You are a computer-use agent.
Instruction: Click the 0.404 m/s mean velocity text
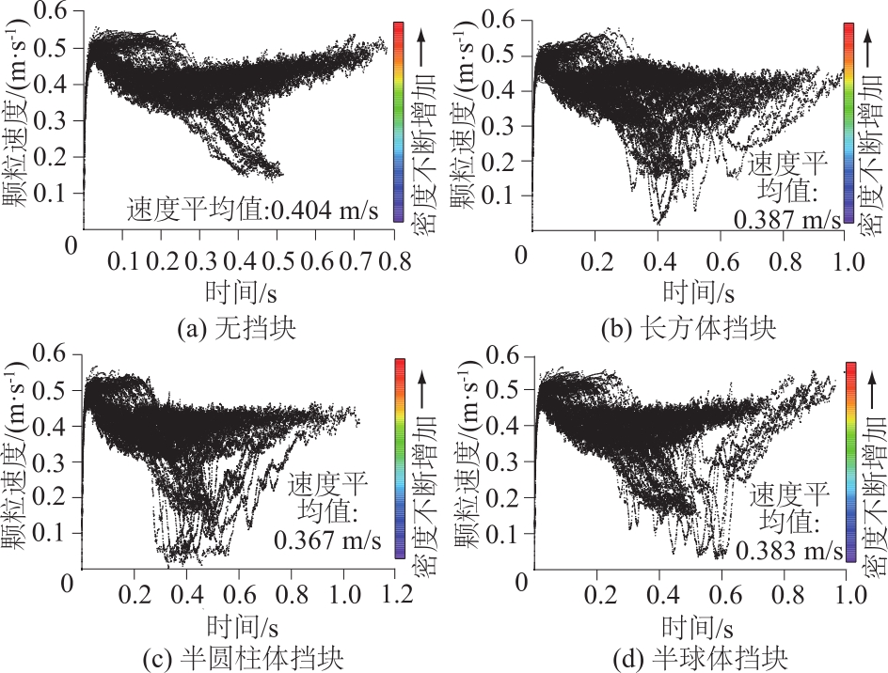pos(325,211)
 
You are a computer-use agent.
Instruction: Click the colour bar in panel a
pos(399,123)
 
